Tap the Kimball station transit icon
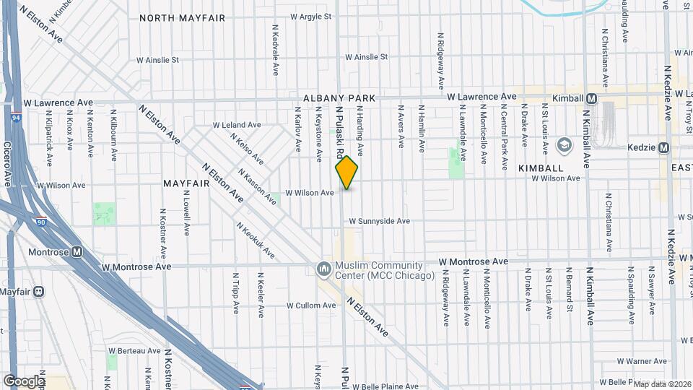point(592,97)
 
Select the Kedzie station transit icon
point(664,147)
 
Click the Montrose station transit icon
point(77,252)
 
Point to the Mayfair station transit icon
point(39,292)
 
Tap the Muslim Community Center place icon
point(323,269)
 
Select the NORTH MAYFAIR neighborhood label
point(182,17)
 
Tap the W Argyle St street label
point(310,16)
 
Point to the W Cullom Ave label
point(311,305)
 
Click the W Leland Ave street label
point(236,125)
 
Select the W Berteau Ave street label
point(135,350)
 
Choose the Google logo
point(24,381)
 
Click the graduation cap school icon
point(563,145)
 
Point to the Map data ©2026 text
point(662,383)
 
